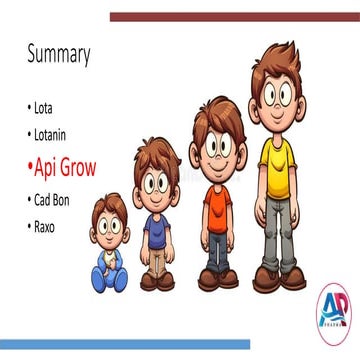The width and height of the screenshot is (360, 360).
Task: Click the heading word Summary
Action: point(58,54)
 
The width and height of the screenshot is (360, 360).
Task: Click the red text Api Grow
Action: point(64,167)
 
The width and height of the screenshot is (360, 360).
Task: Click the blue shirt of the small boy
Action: point(156,230)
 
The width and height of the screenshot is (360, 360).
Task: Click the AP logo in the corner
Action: point(332,310)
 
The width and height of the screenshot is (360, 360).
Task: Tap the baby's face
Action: point(109,224)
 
